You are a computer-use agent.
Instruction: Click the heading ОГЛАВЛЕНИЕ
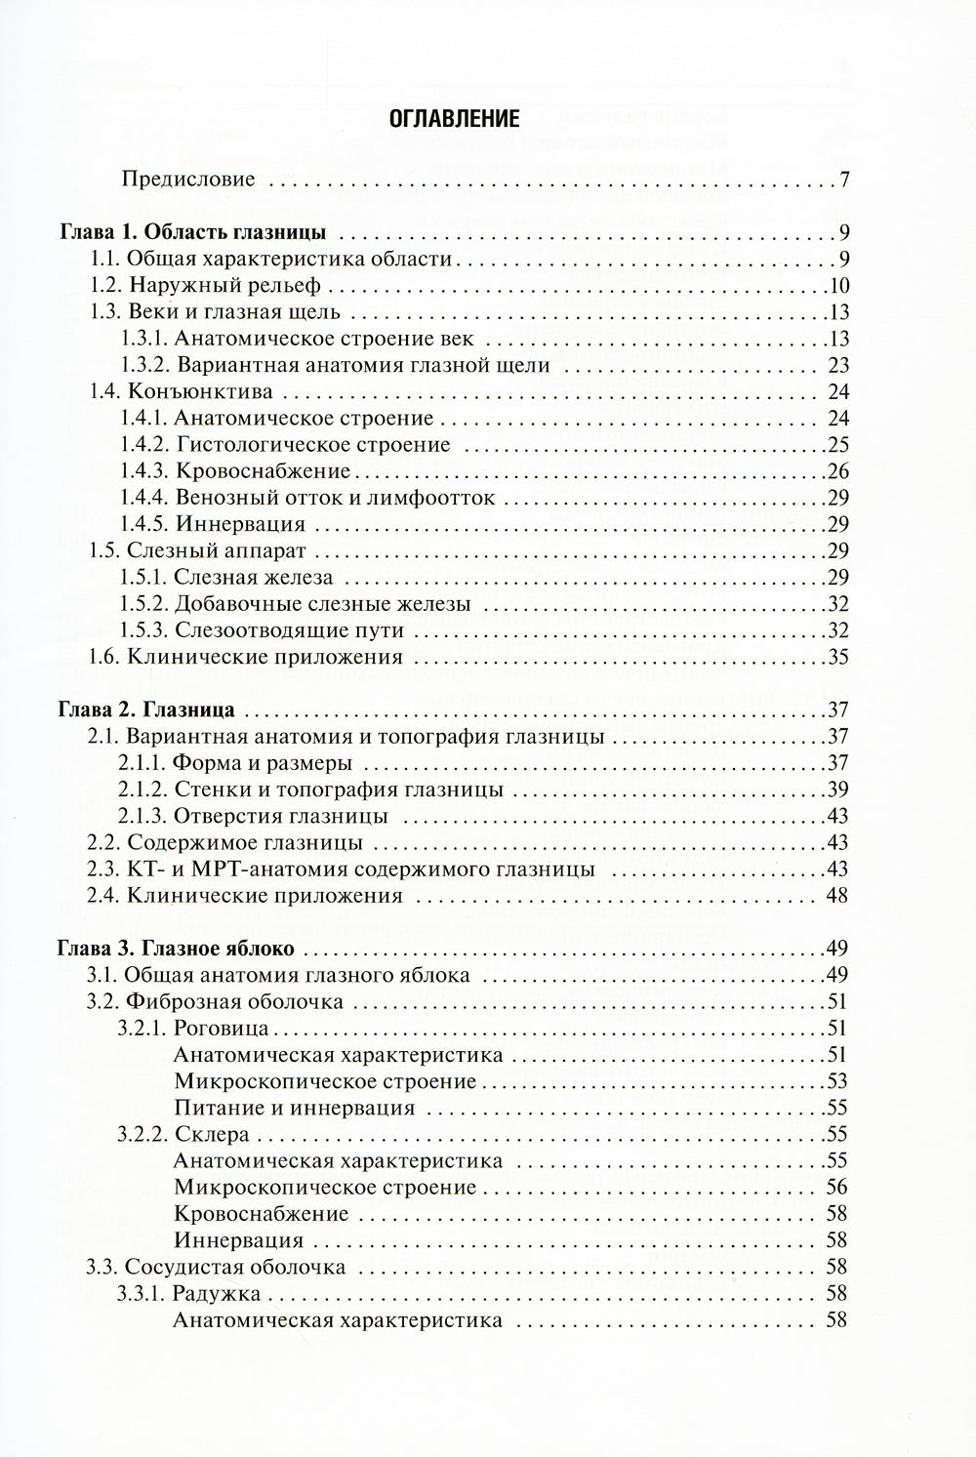coord(454,120)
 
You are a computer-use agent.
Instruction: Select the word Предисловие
coord(188,180)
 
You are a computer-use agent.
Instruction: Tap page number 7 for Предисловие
coord(844,180)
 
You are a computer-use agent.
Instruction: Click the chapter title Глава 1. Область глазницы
coord(191,233)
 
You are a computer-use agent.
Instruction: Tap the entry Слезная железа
coord(254,578)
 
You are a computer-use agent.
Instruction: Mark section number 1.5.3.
coord(145,630)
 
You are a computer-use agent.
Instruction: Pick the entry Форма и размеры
coord(264,762)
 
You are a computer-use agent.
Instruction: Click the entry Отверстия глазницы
coord(282,815)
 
